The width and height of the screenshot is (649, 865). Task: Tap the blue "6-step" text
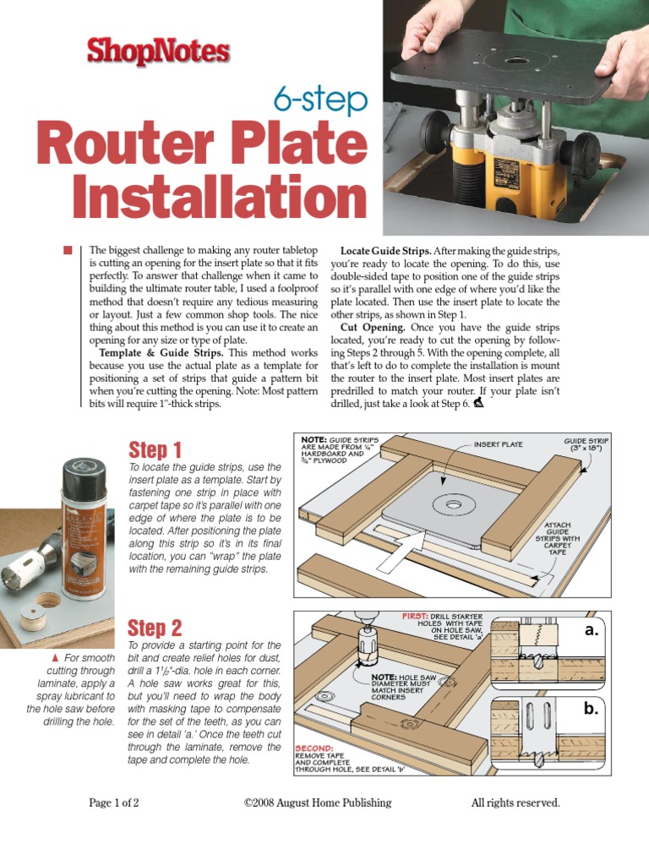pos(320,101)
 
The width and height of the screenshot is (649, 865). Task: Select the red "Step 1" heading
pos(155,449)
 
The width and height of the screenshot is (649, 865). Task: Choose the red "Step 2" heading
pos(155,628)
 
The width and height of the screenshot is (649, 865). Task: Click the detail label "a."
pos(590,630)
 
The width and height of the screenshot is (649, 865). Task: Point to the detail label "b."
pos(590,710)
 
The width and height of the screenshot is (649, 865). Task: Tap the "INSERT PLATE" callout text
pos(498,444)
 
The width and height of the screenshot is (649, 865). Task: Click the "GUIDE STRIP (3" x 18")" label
pos(586,445)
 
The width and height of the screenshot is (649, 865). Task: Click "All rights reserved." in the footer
pos(515,802)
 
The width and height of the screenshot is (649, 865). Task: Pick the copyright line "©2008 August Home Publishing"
pos(317,802)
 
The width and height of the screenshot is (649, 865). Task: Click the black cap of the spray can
pos(85,474)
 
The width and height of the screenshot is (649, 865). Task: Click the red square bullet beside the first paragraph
pos(68,249)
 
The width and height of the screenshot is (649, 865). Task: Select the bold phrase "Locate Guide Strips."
pos(385,251)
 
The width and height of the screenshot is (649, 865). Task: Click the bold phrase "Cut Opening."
pos(373,327)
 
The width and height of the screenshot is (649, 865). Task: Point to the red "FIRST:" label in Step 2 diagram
pos(414,617)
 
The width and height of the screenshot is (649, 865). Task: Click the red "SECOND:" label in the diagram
pos(314,748)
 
